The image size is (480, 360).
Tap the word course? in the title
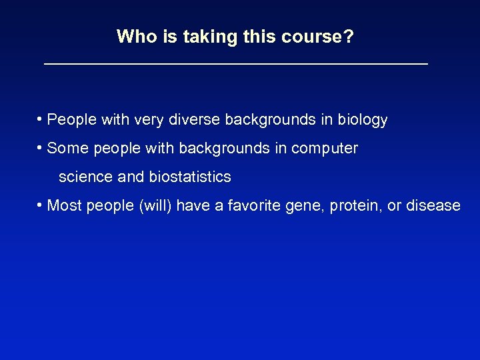click(x=317, y=37)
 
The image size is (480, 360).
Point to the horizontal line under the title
click(x=235, y=63)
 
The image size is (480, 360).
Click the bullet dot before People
click(x=41, y=119)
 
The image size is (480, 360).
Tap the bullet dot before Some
click(x=41, y=148)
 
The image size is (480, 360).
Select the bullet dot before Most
click(x=41, y=205)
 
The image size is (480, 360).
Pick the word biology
click(x=362, y=121)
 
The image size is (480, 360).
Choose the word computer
click(x=326, y=149)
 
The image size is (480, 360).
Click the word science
click(x=82, y=177)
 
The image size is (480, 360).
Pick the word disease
click(x=433, y=205)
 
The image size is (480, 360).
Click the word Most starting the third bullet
click(x=63, y=205)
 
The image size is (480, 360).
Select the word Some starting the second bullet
click(x=67, y=148)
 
